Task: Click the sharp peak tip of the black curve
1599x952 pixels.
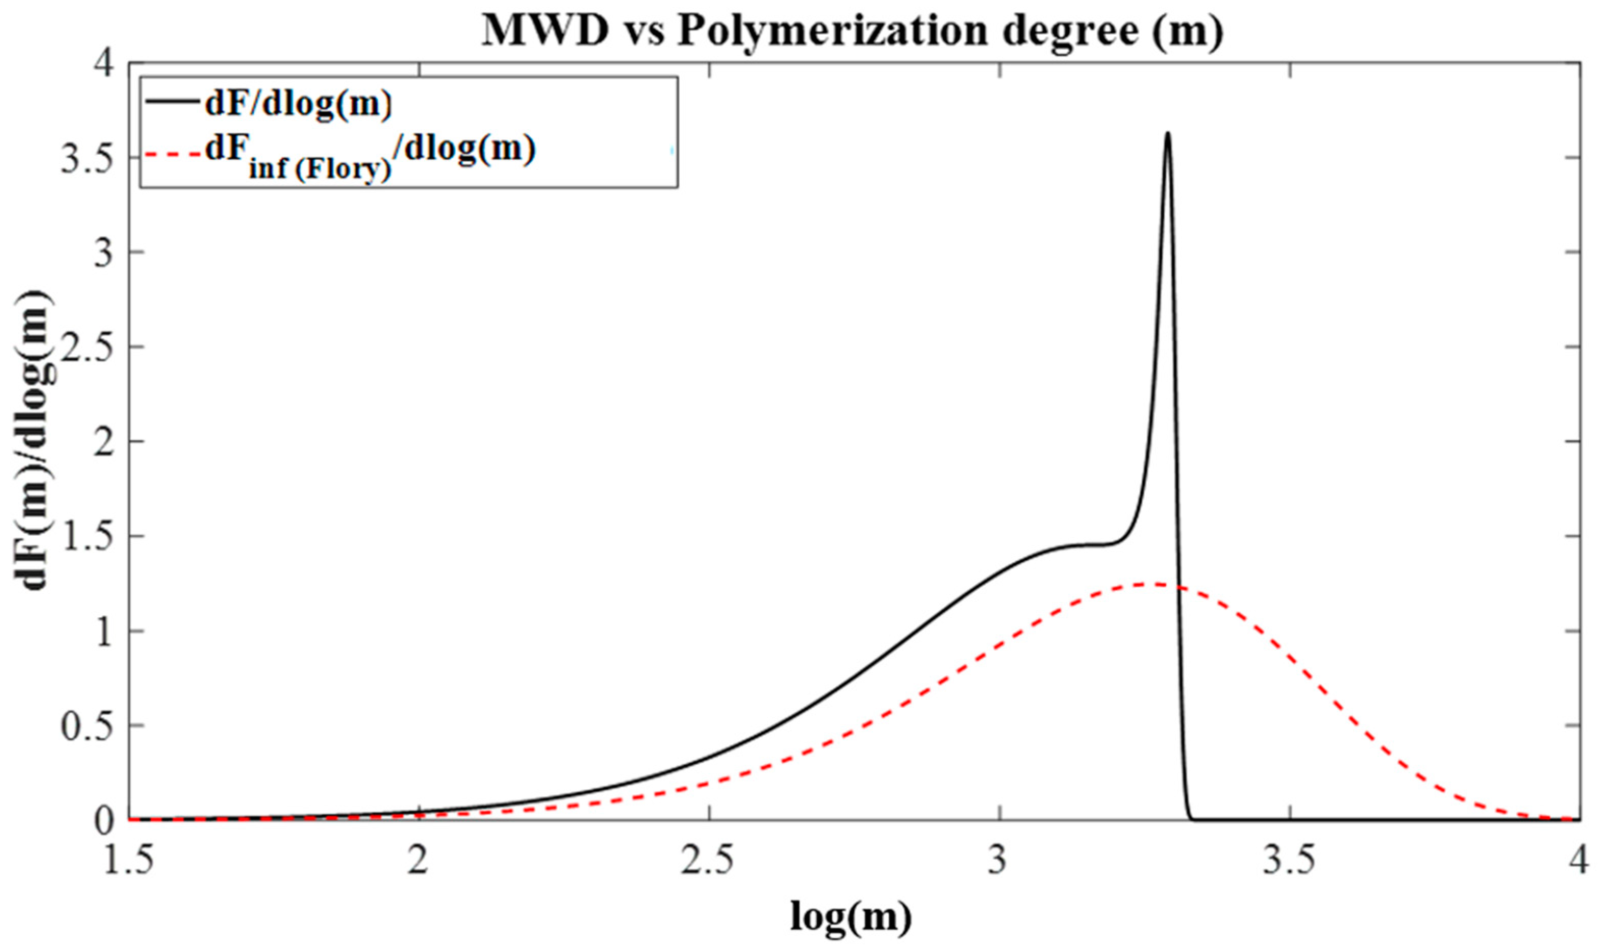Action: click(x=1168, y=133)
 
